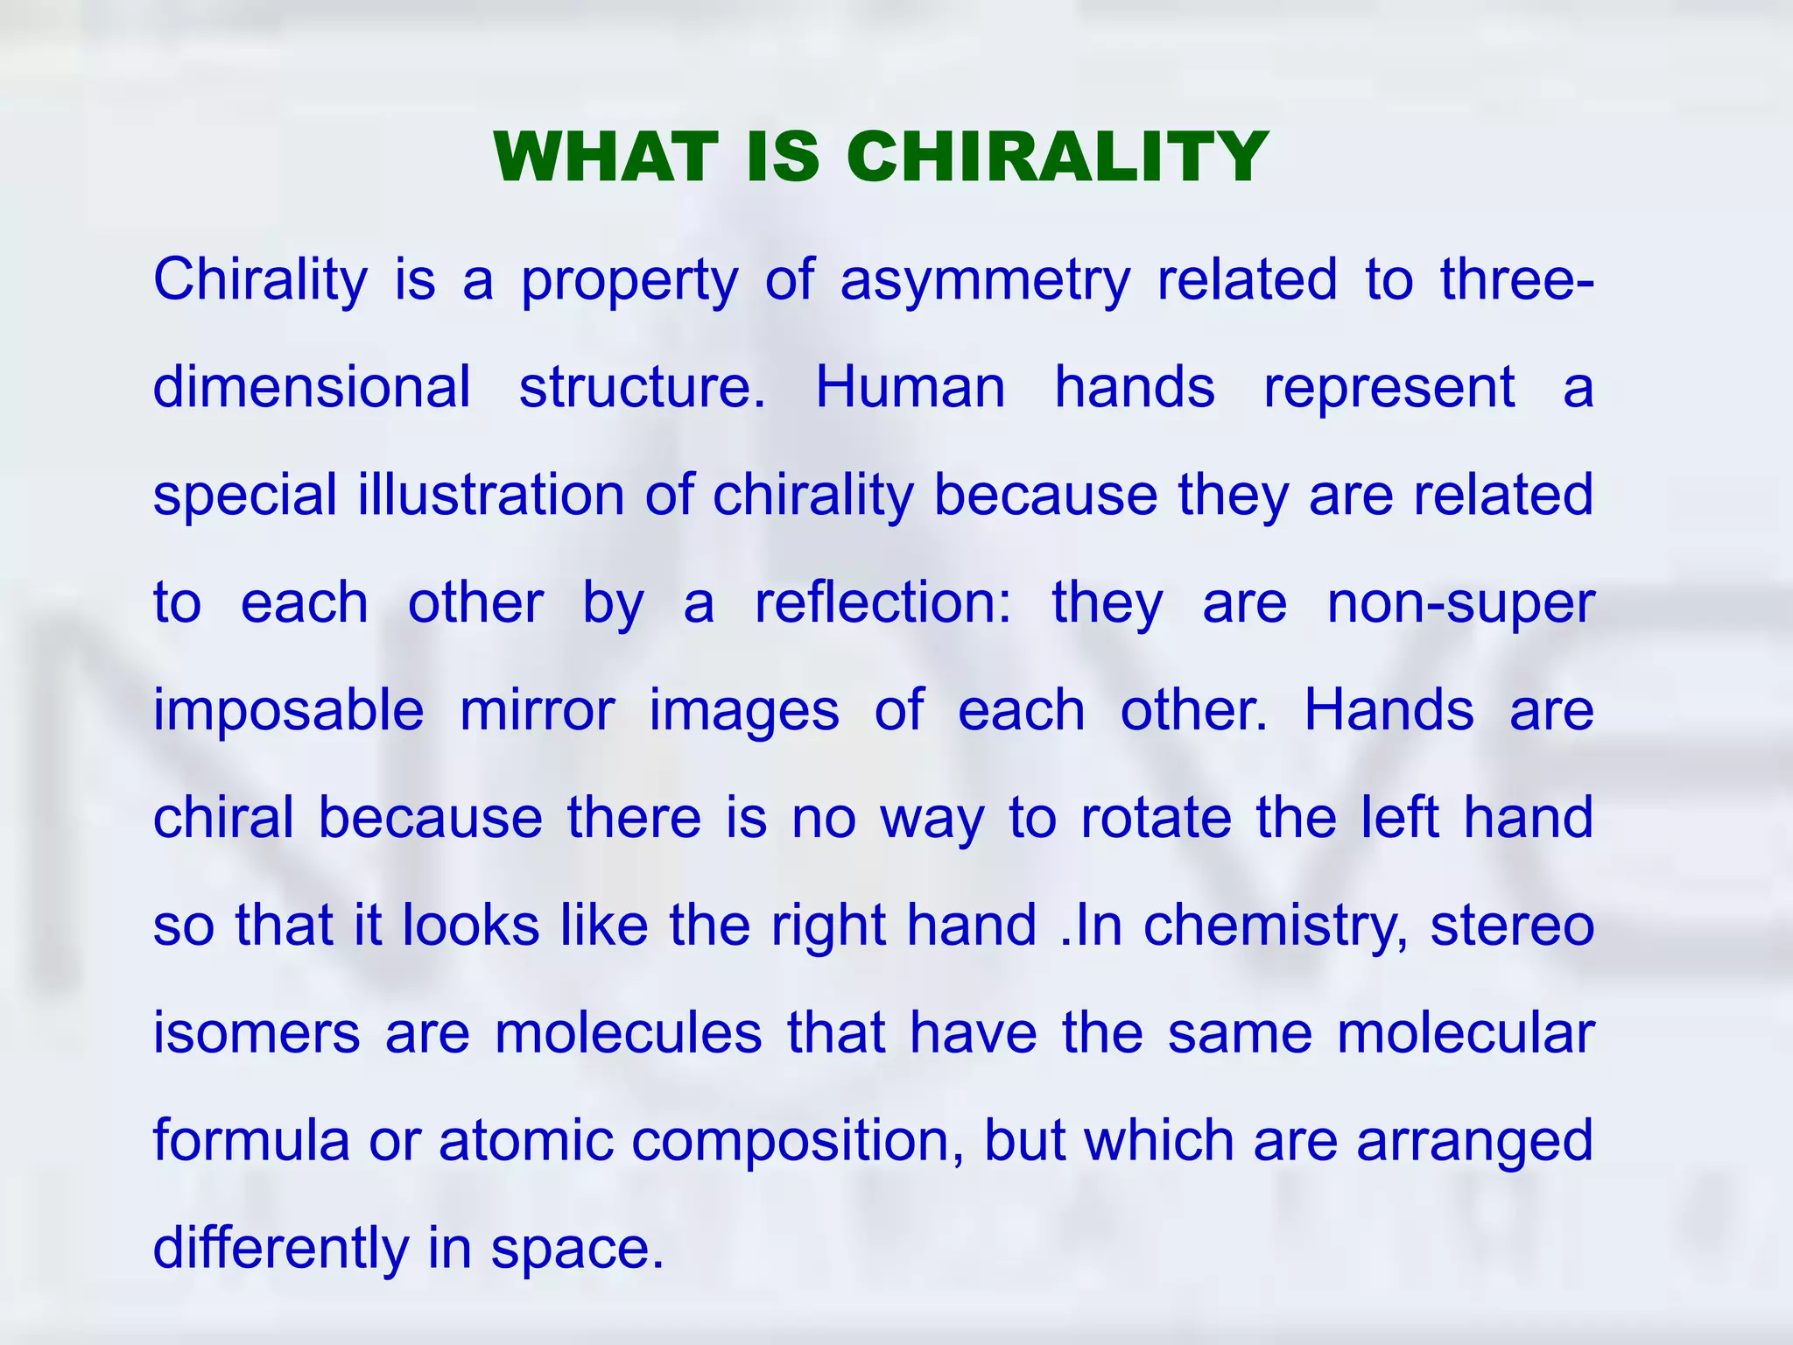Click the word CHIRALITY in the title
click(x=1057, y=158)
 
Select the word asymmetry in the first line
click(x=985, y=280)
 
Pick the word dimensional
click(x=312, y=387)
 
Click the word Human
click(x=911, y=387)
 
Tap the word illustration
click(x=490, y=495)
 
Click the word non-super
click(x=1460, y=604)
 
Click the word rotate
click(x=1156, y=818)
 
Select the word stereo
click(x=1512, y=926)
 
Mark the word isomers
click(x=257, y=1032)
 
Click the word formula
click(x=251, y=1140)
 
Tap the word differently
click(x=280, y=1249)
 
